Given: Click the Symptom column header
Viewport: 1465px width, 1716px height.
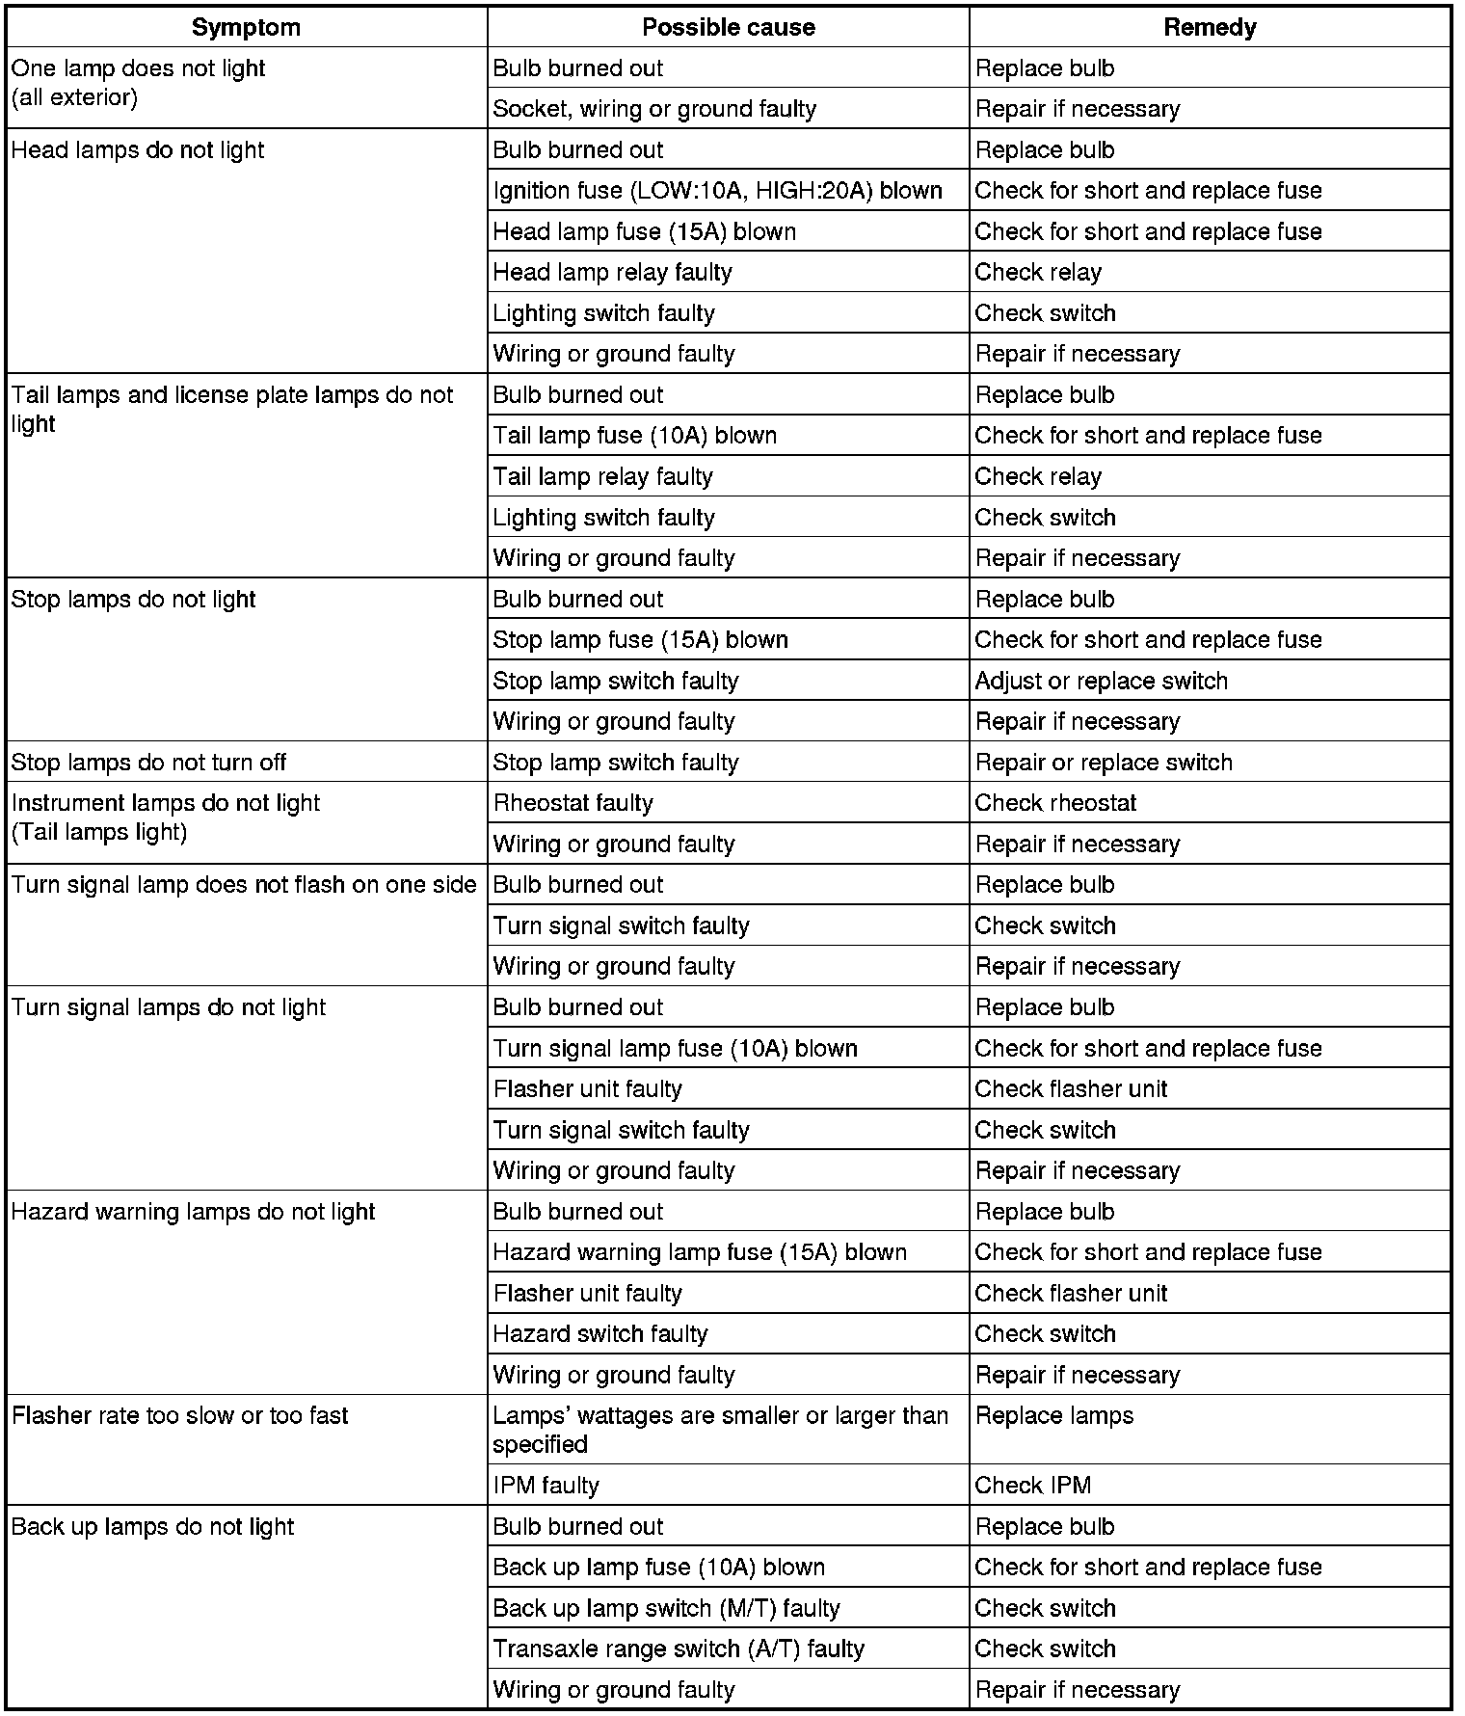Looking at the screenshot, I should (246, 27).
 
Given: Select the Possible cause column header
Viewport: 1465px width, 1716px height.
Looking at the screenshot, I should (728, 27).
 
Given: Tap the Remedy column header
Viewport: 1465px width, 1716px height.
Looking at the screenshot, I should (1210, 27).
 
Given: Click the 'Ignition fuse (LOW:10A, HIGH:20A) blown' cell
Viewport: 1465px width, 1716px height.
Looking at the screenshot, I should (717, 191).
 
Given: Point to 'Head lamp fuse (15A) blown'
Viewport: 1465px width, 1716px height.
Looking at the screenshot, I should (644, 231).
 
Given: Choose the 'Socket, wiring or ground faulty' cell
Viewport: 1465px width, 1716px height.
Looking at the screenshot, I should (654, 109).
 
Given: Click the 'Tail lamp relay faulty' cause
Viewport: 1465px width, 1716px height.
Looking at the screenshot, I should (602, 476).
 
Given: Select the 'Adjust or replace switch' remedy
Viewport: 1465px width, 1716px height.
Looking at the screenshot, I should (1101, 681).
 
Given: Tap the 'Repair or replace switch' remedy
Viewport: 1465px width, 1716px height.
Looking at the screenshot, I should (1104, 763).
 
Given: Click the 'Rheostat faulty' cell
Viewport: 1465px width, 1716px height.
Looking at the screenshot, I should (573, 803).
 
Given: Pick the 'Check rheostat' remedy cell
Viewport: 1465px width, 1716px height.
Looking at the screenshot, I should (1055, 803).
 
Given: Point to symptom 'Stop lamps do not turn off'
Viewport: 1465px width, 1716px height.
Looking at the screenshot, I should (148, 763).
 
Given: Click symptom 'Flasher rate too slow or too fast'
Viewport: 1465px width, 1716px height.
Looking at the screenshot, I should (179, 1416).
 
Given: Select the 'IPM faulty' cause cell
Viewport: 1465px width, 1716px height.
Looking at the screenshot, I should (546, 1486).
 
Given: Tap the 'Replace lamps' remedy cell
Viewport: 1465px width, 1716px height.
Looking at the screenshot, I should (1054, 1416).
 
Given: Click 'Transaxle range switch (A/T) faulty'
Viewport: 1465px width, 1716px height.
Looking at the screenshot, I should (679, 1649).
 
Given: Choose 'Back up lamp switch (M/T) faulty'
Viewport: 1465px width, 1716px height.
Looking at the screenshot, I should (666, 1608).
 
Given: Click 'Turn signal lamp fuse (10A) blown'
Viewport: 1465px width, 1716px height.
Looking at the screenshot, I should (675, 1049).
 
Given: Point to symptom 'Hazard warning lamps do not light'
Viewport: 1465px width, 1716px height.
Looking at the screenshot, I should (193, 1212).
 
